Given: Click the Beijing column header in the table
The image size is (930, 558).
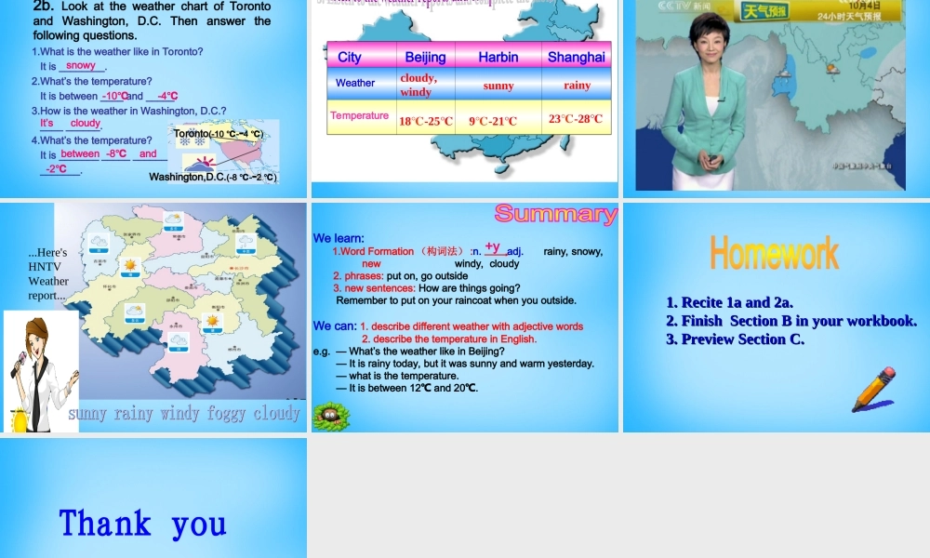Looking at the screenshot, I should [425, 57].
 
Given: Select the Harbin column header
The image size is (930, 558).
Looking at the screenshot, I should [498, 57].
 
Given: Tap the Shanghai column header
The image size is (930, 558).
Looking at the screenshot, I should [576, 57].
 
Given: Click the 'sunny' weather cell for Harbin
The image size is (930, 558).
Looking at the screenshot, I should [498, 86].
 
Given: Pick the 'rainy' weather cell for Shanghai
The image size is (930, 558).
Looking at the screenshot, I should [577, 86].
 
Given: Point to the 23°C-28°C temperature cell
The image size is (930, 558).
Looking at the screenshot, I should [576, 118].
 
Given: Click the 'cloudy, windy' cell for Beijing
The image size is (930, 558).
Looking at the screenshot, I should [418, 85].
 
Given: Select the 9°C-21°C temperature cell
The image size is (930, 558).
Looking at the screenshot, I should [493, 121].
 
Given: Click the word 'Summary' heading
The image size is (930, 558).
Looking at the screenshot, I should [555, 214].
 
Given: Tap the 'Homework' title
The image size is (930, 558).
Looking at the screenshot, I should [774, 253].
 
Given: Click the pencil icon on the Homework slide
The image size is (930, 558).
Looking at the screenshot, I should [873, 389].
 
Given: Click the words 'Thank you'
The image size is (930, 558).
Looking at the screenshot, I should [142, 524].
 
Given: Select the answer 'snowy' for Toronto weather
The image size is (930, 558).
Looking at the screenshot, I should [81, 66].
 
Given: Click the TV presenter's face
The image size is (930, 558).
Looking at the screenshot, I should [706, 41].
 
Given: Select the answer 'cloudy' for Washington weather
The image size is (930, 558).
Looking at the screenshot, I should [85, 124].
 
